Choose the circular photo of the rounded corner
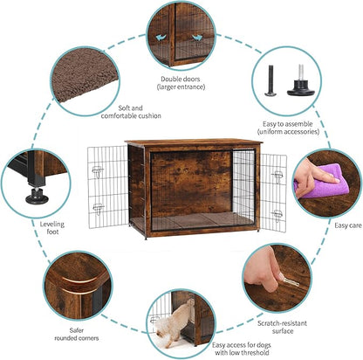[x=78, y=284]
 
